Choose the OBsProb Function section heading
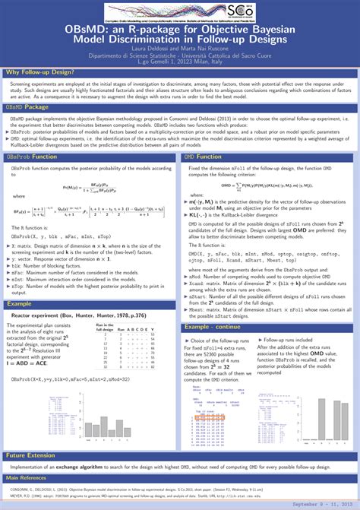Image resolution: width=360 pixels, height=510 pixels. tap(32, 156)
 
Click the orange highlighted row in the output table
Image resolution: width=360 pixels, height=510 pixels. tap(212, 418)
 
